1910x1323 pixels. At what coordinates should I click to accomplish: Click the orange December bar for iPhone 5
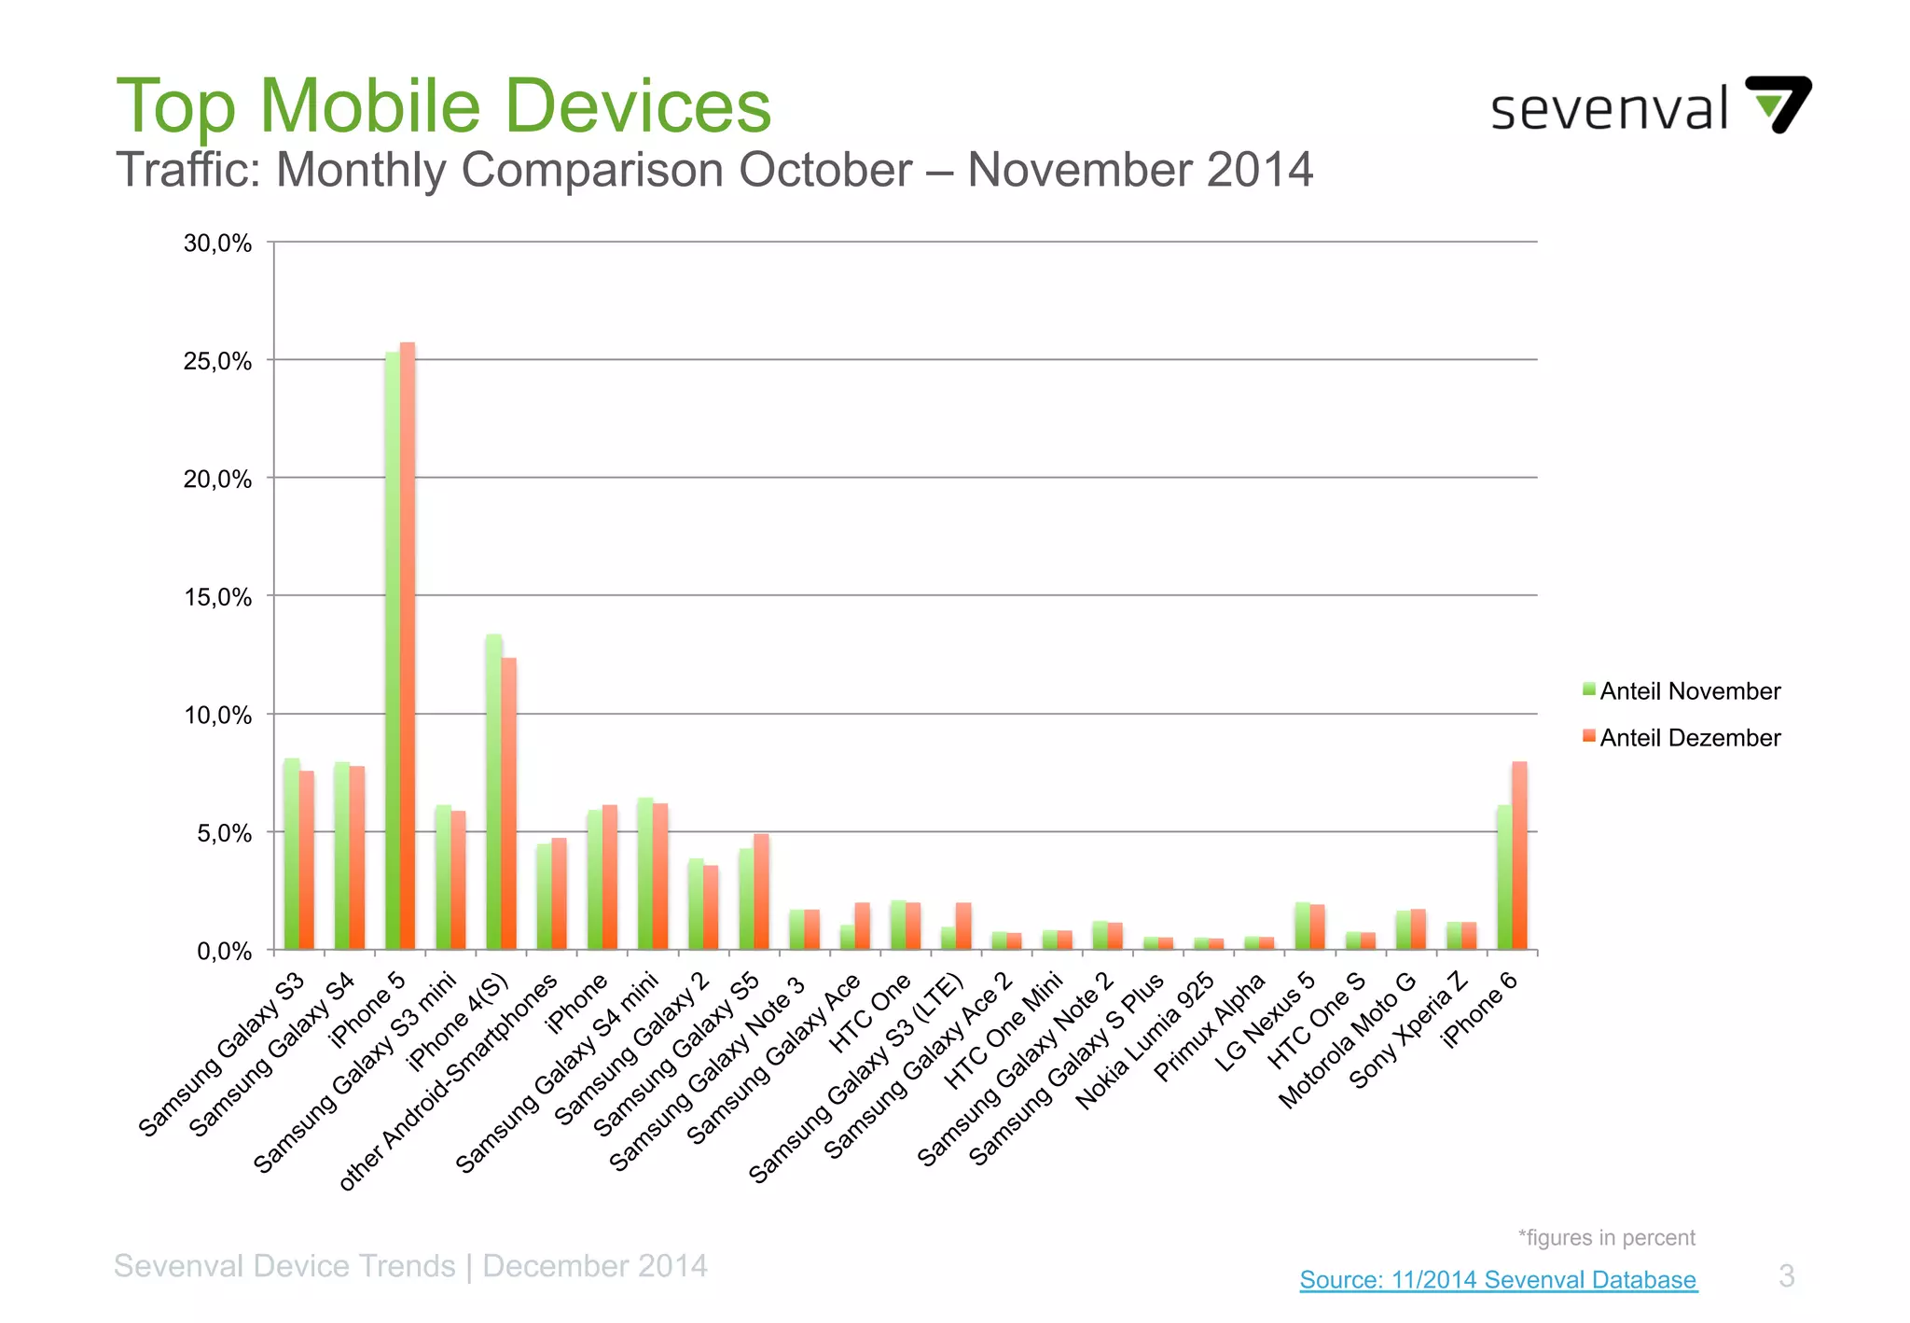click(408, 644)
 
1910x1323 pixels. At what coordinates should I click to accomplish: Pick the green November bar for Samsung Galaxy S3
click(292, 854)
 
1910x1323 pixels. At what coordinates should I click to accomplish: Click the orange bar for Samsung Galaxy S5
click(762, 891)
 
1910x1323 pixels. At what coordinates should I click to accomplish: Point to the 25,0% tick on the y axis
click(218, 361)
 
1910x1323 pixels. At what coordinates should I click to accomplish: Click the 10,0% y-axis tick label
click(218, 716)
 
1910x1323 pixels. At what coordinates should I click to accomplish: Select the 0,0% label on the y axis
click(224, 952)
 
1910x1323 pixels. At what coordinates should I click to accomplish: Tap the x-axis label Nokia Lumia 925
click(1145, 1041)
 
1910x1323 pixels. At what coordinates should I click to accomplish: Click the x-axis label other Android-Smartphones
click(448, 1082)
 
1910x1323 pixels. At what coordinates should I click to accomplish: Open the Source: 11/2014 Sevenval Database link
click(1498, 1279)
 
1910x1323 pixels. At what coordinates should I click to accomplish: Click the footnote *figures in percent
click(1606, 1238)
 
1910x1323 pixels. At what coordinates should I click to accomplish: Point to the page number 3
click(1786, 1275)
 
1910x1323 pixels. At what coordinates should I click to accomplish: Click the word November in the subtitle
click(1080, 171)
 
